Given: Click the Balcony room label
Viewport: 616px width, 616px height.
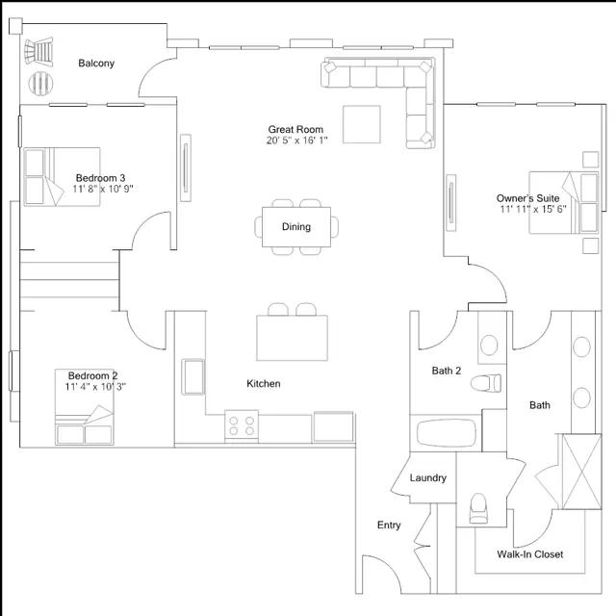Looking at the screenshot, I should pos(96,64).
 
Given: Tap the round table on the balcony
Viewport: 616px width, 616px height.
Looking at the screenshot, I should pos(41,84).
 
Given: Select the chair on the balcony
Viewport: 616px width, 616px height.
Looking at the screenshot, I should pos(40,51).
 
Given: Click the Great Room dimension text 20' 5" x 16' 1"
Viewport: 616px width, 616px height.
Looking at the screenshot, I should pos(297,141).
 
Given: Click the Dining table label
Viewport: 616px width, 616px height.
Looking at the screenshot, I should pos(296,227).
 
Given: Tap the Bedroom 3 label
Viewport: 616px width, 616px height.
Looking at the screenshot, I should pos(100,178).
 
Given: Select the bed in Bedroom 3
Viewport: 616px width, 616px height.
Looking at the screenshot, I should pos(60,176).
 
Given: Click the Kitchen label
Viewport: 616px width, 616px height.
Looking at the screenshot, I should pos(264,384).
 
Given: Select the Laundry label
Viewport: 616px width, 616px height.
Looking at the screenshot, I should pos(427,478).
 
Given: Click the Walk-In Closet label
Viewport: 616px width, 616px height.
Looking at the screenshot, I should pos(530,554).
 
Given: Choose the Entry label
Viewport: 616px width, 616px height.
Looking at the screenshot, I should pos(389,526).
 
